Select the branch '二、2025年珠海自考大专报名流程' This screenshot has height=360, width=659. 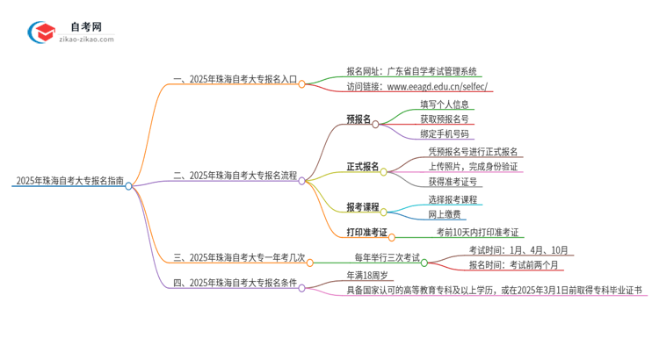[x=235, y=176]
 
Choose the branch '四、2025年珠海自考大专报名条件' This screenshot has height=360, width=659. [x=235, y=283]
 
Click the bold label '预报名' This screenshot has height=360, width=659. [x=358, y=120]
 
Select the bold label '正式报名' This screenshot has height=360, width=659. [x=363, y=166]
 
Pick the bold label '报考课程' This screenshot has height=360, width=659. [x=363, y=207]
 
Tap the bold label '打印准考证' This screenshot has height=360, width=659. [x=367, y=233]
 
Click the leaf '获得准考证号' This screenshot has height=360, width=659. [x=453, y=182]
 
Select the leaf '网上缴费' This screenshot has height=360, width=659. [x=445, y=213]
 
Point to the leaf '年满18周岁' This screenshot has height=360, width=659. [x=368, y=275]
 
